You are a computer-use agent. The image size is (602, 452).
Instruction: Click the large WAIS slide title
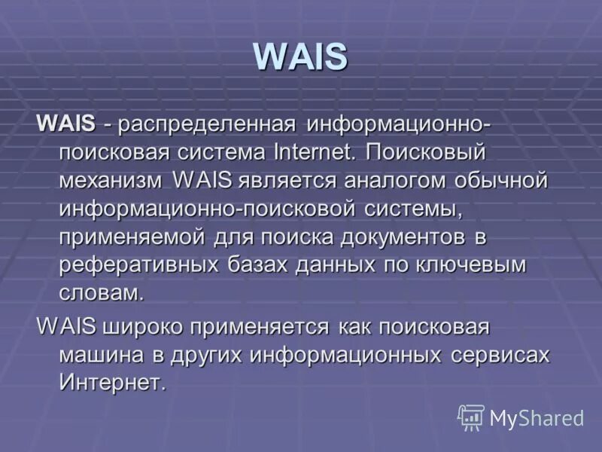(x=300, y=58)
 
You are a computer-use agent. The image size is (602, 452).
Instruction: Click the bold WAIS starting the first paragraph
(x=65, y=122)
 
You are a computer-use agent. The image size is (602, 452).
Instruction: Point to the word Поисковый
(x=427, y=151)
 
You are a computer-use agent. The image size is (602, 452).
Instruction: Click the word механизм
(x=111, y=181)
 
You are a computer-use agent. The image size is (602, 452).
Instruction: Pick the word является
(x=289, y=181)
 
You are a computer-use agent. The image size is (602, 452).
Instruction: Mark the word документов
(x=400, y=237)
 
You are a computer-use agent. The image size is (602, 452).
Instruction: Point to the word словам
(x=101, y=293)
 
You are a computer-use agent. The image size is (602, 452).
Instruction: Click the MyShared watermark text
(x=537, y=418)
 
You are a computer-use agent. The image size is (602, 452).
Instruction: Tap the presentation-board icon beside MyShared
(x=471, y=417)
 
